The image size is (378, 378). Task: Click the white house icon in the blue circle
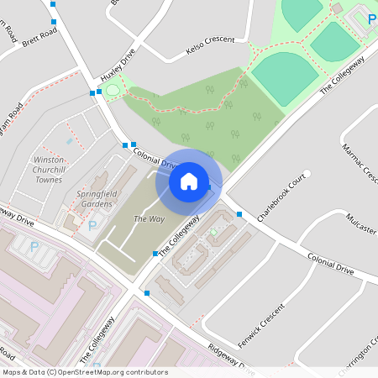[x=189, y=181]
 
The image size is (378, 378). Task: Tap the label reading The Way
[x=146, y=219]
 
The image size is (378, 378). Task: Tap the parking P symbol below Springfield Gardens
[x=93, y=225]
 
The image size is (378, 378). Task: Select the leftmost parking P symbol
[x=34, y=247]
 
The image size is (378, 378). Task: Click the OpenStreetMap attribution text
[x=85, y=372]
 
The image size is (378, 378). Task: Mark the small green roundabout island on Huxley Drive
[x=112, y=89]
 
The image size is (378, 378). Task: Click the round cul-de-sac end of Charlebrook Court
[x=307, y=173]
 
